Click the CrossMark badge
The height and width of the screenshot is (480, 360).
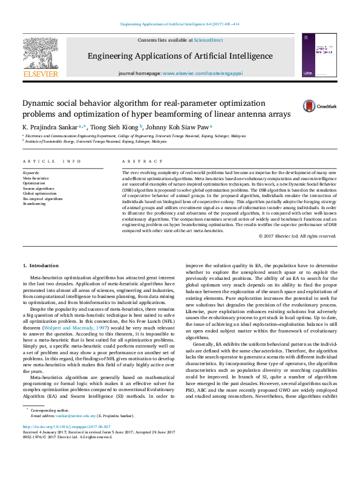[305, 106]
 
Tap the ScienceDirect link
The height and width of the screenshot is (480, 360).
[208, 40]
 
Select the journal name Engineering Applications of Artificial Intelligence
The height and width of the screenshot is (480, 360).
[180, 56]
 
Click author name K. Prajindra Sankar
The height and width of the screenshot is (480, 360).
[50, 128]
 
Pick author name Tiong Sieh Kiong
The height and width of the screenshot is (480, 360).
[114, 128]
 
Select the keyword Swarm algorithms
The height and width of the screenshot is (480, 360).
[38, 188]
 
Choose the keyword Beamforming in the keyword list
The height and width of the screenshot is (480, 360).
[34, 204]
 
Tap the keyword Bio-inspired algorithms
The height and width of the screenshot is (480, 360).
[42, 198]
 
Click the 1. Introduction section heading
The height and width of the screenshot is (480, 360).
[41, 266]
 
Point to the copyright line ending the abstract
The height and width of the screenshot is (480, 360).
[297, 236]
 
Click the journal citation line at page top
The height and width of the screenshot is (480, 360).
[179, 25]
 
